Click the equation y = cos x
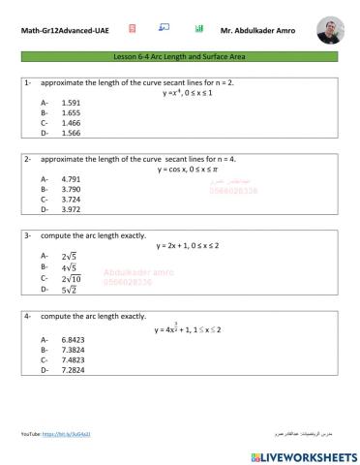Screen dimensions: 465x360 (183, 169)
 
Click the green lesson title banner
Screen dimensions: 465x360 (180, 61)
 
